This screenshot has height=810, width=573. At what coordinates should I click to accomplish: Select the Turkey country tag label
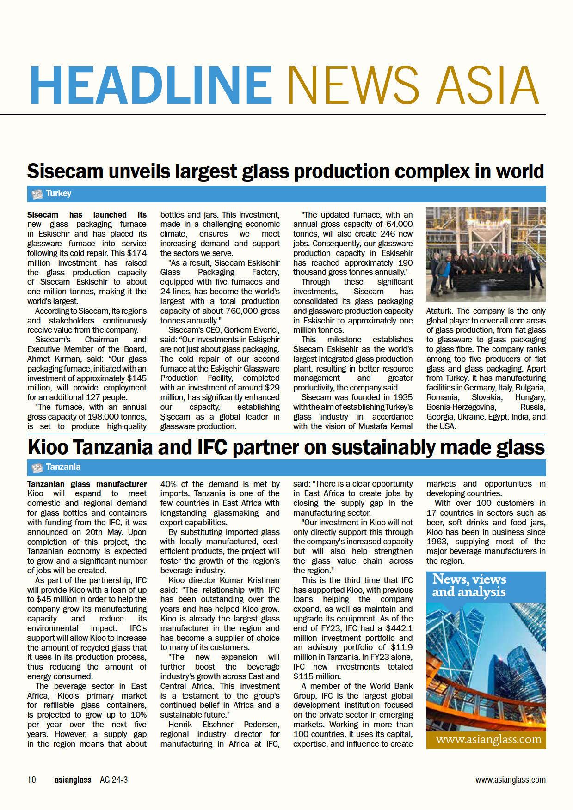58,194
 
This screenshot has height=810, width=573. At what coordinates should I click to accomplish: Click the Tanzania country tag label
63,467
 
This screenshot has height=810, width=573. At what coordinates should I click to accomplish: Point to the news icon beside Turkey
37,194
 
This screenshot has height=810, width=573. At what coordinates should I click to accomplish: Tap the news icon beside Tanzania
37,467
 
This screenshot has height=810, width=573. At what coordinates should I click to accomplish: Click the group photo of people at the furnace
486,255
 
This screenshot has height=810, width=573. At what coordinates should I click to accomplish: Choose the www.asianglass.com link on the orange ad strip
488,739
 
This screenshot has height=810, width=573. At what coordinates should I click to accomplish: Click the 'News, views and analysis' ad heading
469,585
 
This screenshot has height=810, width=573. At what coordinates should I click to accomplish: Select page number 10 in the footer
31,780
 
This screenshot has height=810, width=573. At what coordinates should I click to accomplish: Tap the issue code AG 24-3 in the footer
114,780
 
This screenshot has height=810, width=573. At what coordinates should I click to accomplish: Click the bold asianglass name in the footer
72,780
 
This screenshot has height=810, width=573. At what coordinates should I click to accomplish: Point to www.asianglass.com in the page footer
510,780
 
